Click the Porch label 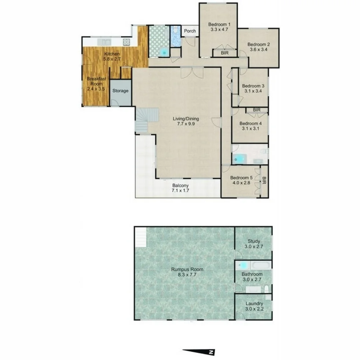click(190, 31)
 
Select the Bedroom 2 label click(258, 45)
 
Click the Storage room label click(120, 91)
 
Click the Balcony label click(181, 186)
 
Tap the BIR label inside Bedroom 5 click(264, 181)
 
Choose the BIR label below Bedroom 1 click(225, 53)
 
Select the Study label click(254, 241)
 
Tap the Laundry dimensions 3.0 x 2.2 click(254, 309)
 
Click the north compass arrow click(199, 351)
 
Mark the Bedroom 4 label click(251, 123)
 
